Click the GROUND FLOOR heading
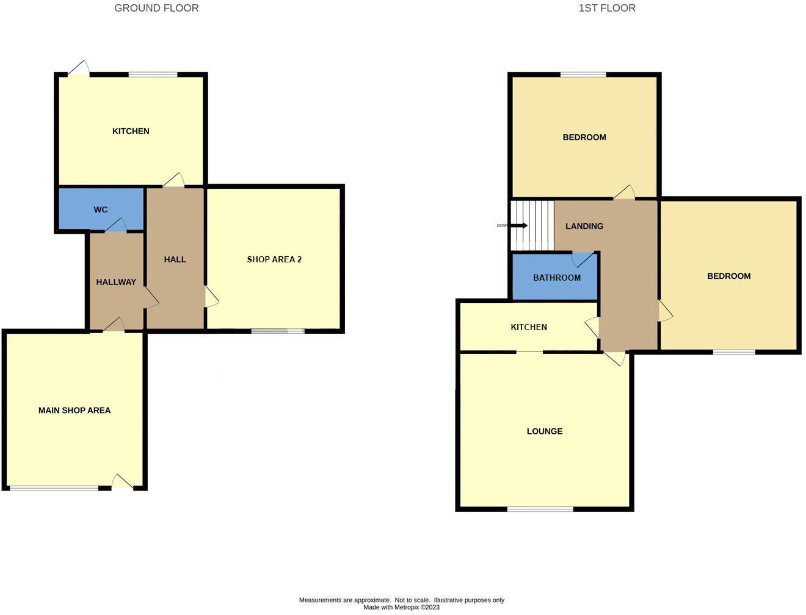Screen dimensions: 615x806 click(156, 9)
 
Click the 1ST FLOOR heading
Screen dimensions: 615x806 click(606, 9)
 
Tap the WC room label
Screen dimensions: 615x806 click(101, 210)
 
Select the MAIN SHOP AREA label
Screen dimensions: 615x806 click(74, 411)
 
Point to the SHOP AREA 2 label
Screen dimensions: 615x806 click(274, 260)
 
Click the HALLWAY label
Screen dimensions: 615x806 click(116, 282)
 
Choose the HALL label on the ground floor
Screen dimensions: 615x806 click(175, 260)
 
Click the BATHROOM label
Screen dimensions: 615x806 click(556, 278)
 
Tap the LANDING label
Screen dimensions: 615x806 click(584, 226)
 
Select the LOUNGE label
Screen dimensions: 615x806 click(544, 431)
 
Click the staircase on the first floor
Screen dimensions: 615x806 click(532, 225)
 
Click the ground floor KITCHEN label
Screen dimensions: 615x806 click(131, 131)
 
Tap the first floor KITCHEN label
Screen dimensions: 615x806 click(528, 328)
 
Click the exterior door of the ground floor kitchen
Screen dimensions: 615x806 click(79, 68)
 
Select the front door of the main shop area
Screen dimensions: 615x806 click(122, 482)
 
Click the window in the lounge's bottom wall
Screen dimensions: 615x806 click(540, 509)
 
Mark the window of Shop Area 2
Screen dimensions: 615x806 click(277, 331)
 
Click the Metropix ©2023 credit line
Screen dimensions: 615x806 click(401, 608)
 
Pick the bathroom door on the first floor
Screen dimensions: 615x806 click(583, 260)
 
